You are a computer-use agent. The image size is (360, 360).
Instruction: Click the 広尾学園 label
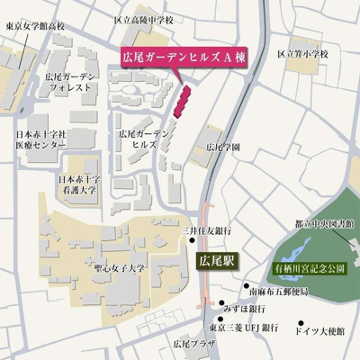click(223, 146)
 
